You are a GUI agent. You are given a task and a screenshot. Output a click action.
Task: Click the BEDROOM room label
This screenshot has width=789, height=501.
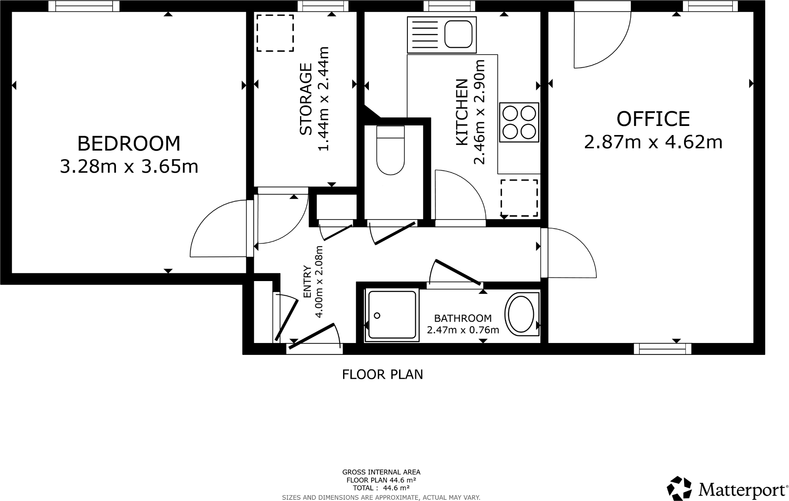point(129,144)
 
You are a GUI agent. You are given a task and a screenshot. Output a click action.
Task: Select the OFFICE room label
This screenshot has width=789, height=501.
point(653,119)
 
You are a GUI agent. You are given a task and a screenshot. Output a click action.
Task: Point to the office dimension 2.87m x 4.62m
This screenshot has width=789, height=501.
point(653,142)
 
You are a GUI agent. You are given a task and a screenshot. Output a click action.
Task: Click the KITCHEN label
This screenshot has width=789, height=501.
point(462,112)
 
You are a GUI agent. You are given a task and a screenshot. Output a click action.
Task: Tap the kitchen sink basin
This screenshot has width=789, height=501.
point(459,35)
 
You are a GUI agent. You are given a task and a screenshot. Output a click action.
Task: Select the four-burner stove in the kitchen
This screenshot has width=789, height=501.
point(519,122)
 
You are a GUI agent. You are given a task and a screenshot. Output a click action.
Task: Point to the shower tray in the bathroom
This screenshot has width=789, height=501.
point(391,316)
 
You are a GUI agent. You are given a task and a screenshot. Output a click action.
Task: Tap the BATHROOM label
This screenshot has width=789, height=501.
point(463,318)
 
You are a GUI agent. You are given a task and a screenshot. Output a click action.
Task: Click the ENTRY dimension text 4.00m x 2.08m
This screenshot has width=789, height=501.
point(319,281)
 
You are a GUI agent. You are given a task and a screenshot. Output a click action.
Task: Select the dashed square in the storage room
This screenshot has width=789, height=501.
point(275,33)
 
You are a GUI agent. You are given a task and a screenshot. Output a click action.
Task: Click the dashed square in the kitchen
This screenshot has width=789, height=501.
point(519,198)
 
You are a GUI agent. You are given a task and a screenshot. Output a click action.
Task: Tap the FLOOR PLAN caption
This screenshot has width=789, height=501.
point(382,375)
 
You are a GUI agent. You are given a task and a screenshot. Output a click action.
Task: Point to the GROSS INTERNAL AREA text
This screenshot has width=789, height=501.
point(381,472)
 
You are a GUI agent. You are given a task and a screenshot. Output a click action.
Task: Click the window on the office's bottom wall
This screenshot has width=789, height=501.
point(662,349)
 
